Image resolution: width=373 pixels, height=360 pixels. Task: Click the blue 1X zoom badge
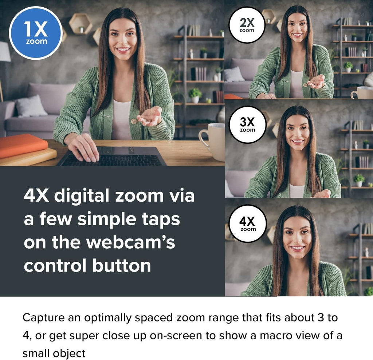coord(36,33)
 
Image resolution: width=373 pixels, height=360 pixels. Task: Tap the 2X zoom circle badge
coord(247,25)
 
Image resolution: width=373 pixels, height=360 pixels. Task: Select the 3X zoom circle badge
coord(247,124)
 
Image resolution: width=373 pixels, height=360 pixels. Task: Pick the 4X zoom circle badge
coord(248,223)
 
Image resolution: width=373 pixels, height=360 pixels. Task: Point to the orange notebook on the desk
coord(23,146)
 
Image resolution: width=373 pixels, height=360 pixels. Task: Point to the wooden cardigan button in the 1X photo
coord(134,121)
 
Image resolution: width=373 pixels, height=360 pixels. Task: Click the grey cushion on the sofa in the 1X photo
coord(31,106)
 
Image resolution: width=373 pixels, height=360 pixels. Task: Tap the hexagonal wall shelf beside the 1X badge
coord(81,24)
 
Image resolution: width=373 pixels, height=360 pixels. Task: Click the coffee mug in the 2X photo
coord(362,93)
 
